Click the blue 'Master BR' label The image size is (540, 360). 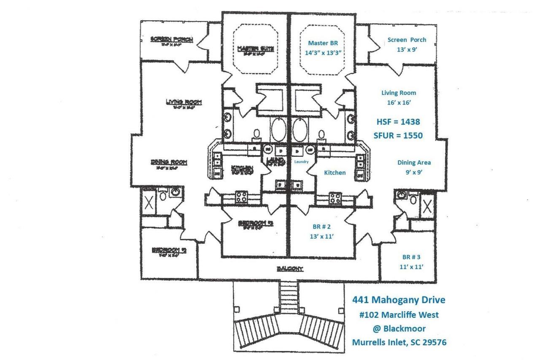[x=323, y=43]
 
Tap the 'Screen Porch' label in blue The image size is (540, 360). [x=407, y=40]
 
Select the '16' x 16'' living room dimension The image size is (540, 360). [x=398, y=102]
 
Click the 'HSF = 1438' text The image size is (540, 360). [x=398, y=121]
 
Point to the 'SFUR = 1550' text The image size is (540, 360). [x=398, y=135]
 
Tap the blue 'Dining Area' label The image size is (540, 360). [x=414, y=162]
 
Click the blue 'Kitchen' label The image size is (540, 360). [x=335, y=172]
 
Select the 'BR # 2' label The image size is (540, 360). [x=321, y=226]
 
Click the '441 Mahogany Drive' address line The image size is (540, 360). [x=399, y=300]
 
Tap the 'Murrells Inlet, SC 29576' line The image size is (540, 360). [x=399, y=342]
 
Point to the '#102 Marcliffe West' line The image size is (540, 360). [x=399, y=314]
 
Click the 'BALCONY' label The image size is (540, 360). [x=290, y=269]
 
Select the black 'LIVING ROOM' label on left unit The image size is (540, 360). [x=184, y=102]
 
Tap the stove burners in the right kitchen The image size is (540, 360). [x=335, y=198]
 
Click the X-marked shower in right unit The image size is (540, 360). [x=427, y=205]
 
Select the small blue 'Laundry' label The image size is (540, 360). [x=301, y=161]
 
